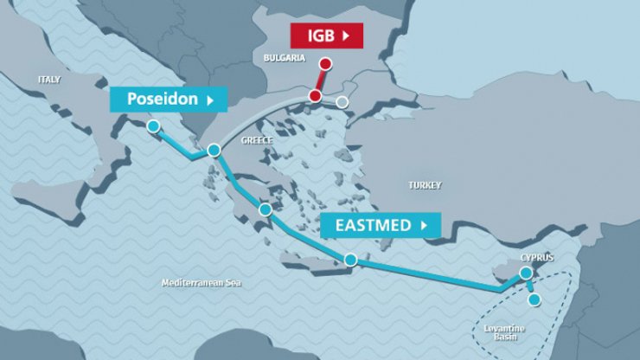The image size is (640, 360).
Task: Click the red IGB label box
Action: point(326,35)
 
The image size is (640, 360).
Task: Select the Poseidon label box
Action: point(169,99)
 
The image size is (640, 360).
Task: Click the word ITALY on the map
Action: point(49,79)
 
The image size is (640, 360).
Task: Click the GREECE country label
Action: point(257,140)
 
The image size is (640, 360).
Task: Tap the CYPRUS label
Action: point(536,258)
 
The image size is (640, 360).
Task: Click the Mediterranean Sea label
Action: point(202,283)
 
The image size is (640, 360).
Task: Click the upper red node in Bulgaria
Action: point(325,63)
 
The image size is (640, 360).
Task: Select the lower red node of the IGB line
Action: point(315,95)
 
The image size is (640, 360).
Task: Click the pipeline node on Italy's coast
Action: point(153,125)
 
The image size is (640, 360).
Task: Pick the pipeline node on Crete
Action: point(350,259)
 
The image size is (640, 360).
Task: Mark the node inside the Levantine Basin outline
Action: point(534,299)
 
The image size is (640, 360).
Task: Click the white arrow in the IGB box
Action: point(347,35)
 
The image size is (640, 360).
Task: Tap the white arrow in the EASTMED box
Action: point(424,225)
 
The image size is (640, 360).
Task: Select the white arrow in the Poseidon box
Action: point(209,100)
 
